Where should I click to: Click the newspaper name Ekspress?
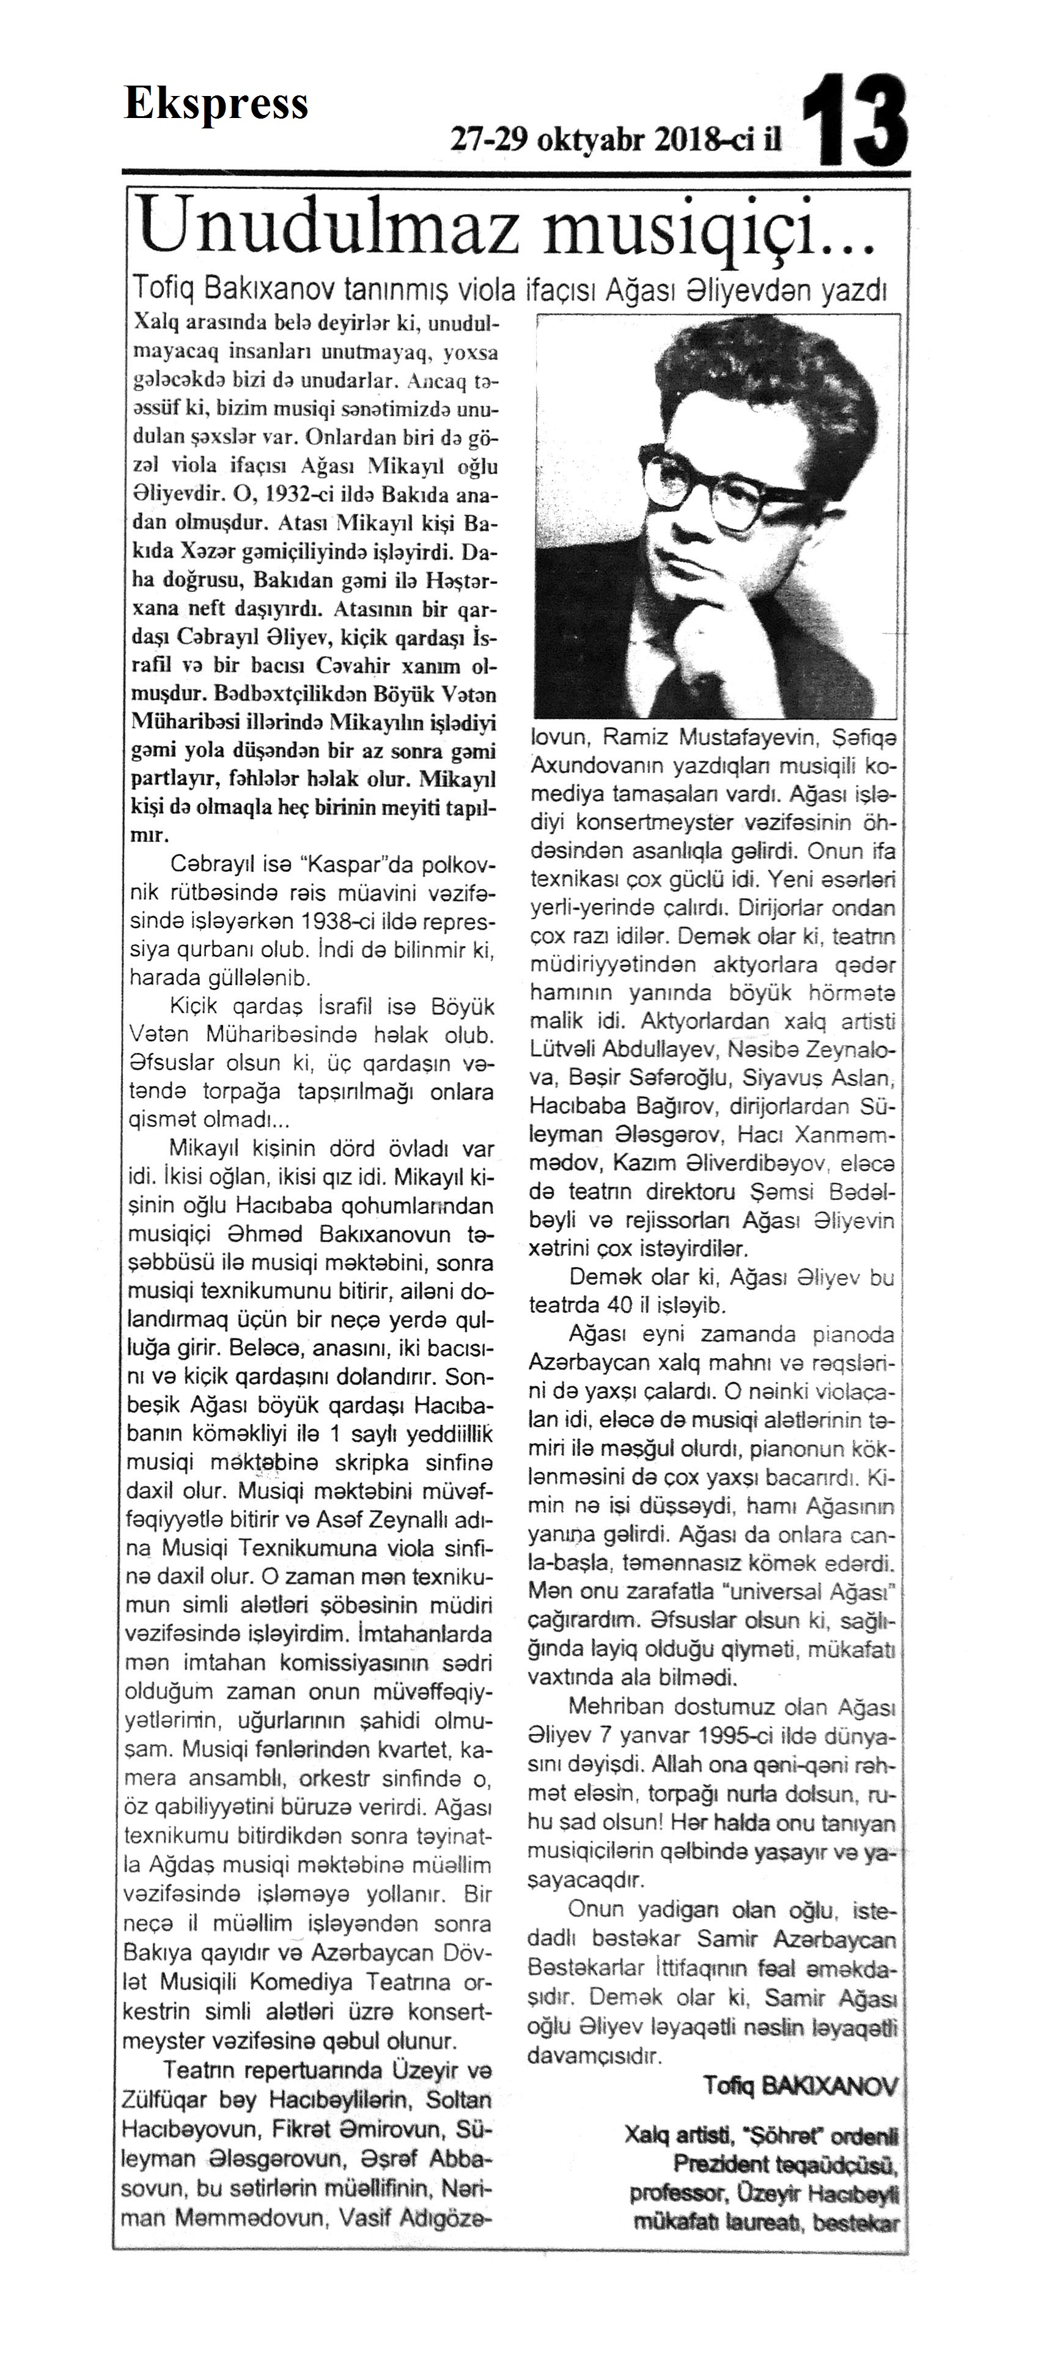pyautogui.click(x=216, y=105)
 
